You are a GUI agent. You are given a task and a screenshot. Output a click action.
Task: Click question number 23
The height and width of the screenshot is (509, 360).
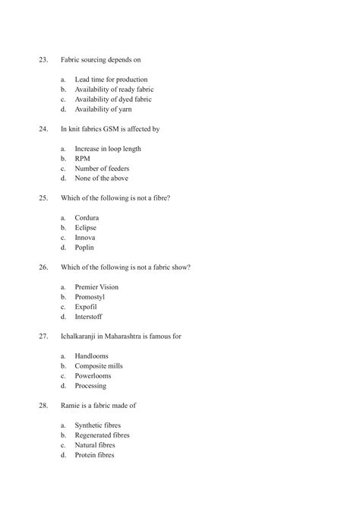(x=43, y=58)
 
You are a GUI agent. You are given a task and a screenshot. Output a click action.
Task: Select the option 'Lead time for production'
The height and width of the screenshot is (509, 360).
(x=111, y=79)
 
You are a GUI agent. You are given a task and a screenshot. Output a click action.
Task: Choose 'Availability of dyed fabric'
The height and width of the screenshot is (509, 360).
(x=112, y=99)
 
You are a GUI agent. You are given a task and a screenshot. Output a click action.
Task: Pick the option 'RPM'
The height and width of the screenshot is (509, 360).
(x=83, y=159)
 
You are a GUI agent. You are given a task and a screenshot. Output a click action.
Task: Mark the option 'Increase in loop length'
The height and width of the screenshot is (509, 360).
(x=108, y=149)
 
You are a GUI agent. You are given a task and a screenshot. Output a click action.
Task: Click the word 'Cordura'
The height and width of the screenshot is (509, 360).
(x=87, y=218)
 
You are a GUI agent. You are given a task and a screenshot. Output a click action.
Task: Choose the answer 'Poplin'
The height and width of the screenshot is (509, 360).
(x=85, y=248)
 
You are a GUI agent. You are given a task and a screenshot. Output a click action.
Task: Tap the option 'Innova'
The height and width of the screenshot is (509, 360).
(x=85, y=238)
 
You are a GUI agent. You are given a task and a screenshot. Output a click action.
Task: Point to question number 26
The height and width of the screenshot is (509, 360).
(x=43, y=267)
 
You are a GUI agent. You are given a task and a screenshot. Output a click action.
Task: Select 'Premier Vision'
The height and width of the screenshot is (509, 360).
(x=96, y=287)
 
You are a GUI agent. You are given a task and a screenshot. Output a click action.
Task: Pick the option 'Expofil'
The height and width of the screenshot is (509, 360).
(x=86, y=307)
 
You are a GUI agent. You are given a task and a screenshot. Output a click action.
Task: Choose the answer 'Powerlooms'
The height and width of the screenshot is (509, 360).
(x=93, y=376)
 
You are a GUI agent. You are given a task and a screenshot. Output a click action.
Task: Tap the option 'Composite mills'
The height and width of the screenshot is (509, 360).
(x=99, y=366)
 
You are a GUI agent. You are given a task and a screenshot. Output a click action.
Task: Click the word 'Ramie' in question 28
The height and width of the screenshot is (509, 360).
(x=71, y=406)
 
